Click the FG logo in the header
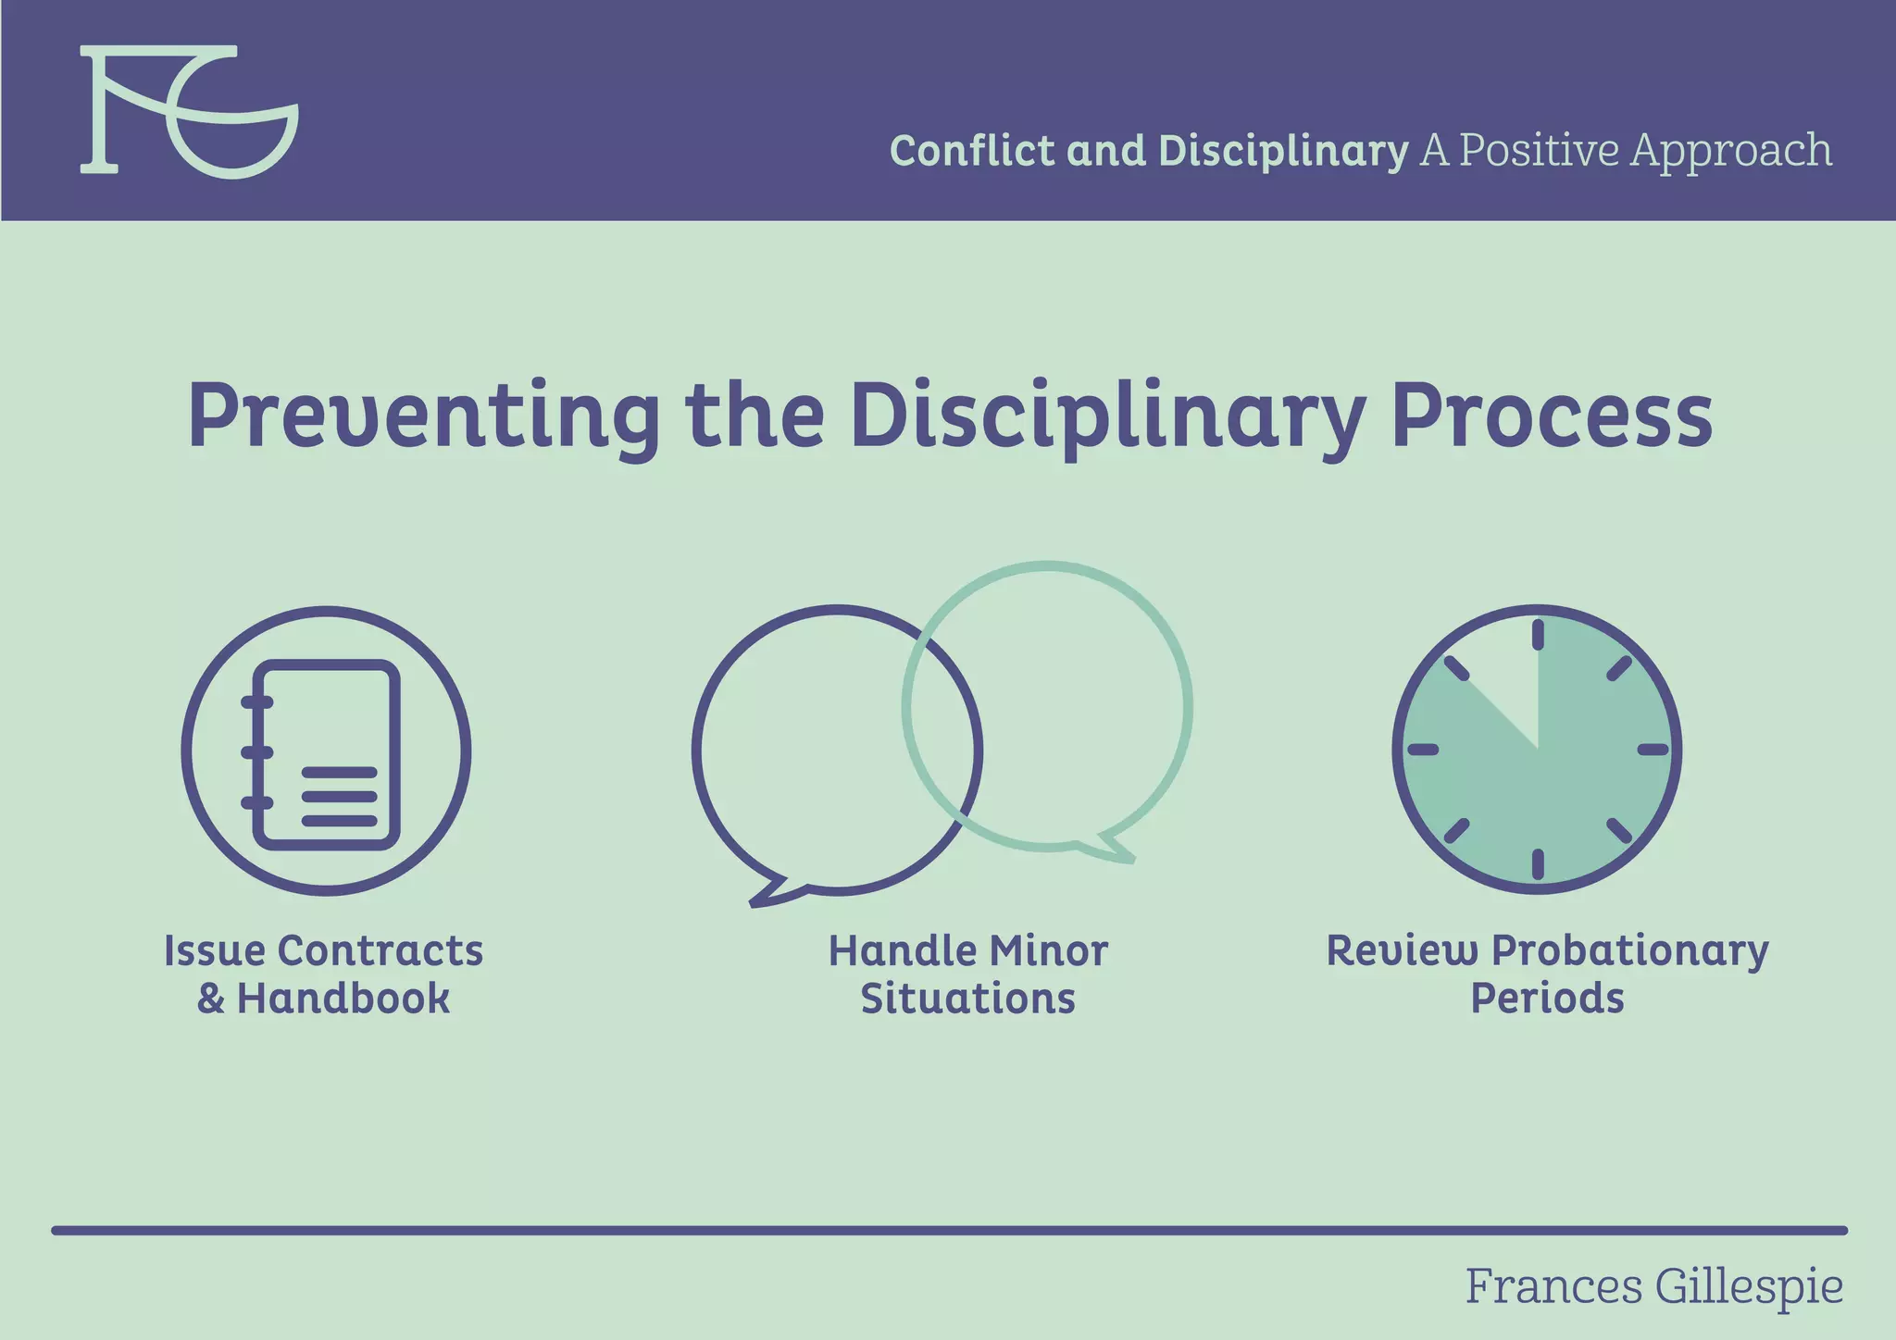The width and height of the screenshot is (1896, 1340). click(x=189, y=111)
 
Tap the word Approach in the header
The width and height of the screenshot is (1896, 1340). click(x=1730, y=151)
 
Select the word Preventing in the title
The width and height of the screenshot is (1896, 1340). click(x=422, y=416)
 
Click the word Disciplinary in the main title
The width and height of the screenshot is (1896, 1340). click(x=1107, y=416)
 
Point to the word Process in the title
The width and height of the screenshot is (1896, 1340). click(x=1552, y=416)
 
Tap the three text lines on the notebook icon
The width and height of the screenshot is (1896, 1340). click(x=339, y=796)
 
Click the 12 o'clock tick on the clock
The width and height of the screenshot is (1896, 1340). click(x=1538, y=635)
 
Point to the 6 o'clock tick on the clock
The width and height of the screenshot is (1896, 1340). click(x=1538, y=863)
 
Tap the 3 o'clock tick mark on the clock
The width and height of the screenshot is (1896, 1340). click(x=1653, y=750)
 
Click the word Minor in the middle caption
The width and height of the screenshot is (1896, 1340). click(x=1048, y=951)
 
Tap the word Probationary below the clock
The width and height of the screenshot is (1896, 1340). click(x=1630, y=951)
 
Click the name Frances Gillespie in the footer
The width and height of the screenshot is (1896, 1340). click(x=1653, y=1287)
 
